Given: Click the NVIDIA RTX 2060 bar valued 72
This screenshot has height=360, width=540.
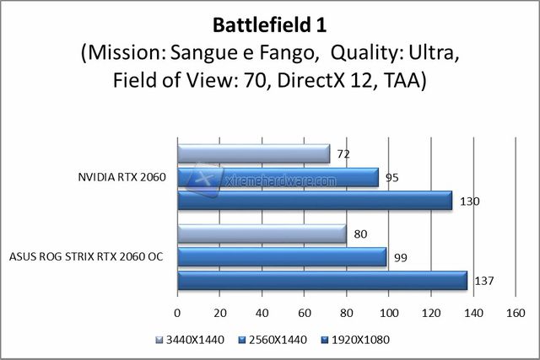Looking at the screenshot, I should tap(253, 154).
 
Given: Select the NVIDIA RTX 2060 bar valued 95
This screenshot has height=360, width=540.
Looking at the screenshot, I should tap(278, 177).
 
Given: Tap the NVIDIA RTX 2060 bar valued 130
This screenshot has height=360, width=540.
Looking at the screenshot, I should tap(315, 201).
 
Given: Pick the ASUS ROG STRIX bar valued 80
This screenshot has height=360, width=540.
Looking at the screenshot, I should tap(262, 234).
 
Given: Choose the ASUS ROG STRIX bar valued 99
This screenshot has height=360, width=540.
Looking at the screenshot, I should tap(282, 256).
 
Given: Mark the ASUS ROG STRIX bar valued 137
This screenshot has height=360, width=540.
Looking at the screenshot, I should tap(321, 280).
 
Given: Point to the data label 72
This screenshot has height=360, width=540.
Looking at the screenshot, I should tap(343, 154).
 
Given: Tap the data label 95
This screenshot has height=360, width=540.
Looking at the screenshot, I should tap(391, 177).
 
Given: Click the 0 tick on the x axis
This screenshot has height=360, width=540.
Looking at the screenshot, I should tap(177, 314).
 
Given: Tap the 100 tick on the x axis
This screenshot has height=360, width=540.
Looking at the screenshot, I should tap(388, 314).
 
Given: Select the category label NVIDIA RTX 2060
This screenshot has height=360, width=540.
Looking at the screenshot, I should tap(121, 177).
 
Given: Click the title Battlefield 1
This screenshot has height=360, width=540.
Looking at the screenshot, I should tap(269, 23).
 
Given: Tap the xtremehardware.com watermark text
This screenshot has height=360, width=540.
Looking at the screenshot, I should tap(289, 180).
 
